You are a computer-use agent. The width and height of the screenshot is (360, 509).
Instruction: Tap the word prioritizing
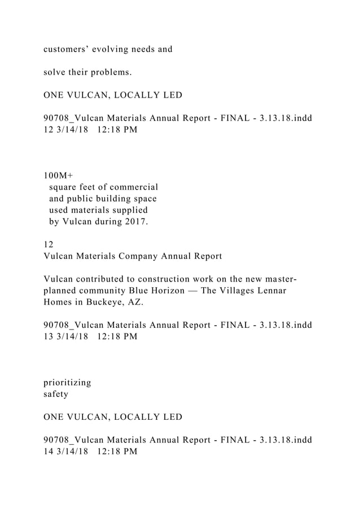point(67,382)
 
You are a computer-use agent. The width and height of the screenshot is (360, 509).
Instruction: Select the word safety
point(56,394)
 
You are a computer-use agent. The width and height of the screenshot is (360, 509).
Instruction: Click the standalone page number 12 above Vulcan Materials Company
point(49,245)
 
